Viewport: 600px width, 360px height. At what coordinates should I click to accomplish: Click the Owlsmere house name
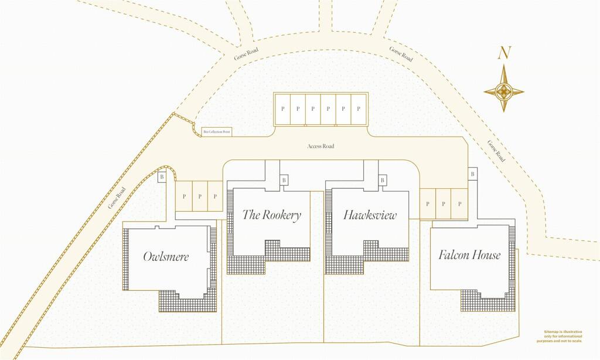coord(166,257)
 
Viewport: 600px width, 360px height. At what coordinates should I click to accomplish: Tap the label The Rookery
coord(272,215)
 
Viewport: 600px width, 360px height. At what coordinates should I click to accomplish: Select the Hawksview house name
coord(370,215)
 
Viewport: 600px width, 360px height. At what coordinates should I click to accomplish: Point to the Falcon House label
coord(469,255)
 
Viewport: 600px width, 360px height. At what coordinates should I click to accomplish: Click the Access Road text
coord(321,146)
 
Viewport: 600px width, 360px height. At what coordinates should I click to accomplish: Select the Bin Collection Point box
coord(217,133)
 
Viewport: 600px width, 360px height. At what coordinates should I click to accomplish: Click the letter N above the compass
coord(503,53)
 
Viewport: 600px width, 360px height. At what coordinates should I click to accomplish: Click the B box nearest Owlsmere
coord(162,176)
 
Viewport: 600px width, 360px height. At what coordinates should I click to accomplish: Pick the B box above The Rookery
coord(284,180)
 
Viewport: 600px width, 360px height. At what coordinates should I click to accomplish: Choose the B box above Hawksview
coord(383,180)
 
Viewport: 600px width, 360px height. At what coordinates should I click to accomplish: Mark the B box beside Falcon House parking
coord(472,174)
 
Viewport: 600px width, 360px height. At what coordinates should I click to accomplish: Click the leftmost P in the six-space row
coord(282,109)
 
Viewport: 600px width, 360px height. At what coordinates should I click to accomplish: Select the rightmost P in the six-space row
coord(359,109)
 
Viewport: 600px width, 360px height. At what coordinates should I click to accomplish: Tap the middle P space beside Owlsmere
coord(200,196)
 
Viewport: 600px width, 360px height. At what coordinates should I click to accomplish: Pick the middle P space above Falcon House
coord(444,204)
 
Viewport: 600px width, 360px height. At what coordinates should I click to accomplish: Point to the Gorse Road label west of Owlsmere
coord(117,198)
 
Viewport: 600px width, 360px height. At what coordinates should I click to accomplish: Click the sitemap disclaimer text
coord(563,336)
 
